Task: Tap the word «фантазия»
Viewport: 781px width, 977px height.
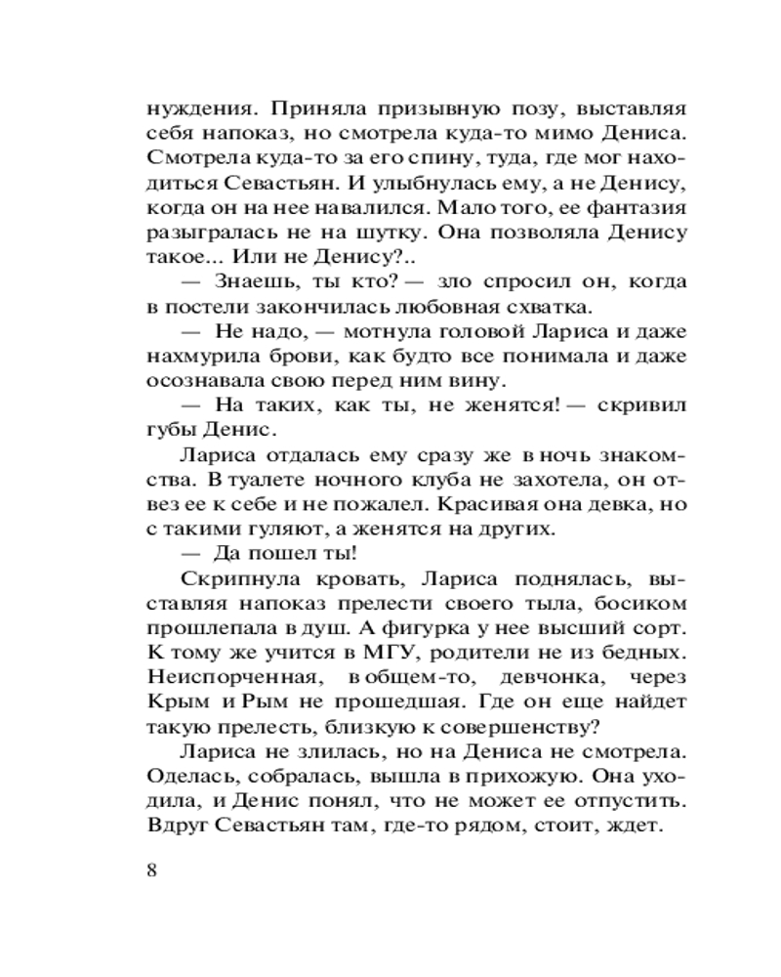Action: (x=635, y=208)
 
